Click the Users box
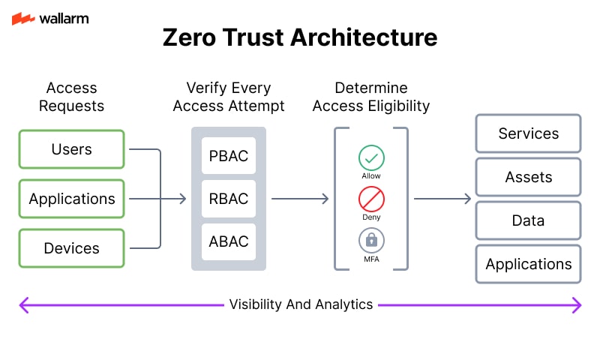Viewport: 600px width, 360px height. pos(71,149)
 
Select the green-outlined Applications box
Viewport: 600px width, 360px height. pos(71,199)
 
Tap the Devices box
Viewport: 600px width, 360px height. pos(71,248)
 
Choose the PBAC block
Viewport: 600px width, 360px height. pos(229,156)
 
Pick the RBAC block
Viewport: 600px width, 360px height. pos(229,199)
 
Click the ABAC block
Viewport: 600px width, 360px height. pos(229,241)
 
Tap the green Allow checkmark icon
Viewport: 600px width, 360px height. pos(371,157)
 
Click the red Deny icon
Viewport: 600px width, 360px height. pos(371,199)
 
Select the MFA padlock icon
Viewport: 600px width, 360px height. pos(371,241)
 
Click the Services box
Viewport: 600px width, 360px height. pos(528,133)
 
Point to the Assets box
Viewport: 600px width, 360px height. pos(528,177)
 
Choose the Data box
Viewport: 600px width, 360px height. pos(528,220)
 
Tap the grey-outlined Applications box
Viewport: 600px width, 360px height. pos(528,264)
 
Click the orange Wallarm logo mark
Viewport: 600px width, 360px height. pos(23,19)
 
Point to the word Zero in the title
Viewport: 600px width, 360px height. pos(189,37)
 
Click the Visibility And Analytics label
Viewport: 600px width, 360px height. pos(301,304)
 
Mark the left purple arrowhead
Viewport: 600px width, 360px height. pos(24,305)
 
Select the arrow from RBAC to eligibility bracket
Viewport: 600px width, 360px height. pos(300,199)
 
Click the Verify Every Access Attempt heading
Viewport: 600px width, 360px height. pos(229,97)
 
